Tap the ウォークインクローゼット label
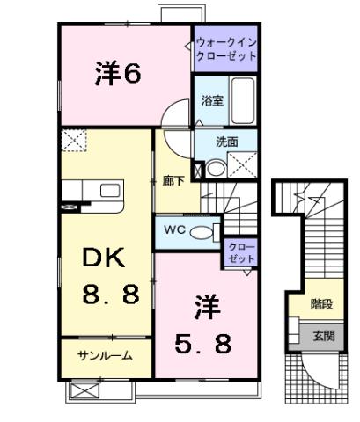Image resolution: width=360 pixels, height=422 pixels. pyautogui.click(x=225, y=48)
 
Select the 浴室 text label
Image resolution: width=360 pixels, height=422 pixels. pyautogui.click(x=212, y=100)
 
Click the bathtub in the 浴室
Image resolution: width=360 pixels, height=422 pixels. pyautogui.click(x=243, y=101)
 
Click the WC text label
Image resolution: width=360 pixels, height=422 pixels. pyautogui.click(x=174, y=231)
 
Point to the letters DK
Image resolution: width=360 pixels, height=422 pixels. pyautogui.click(x=105, y=258)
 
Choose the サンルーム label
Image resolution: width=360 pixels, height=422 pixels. pyautogui.click(x=104, y=355)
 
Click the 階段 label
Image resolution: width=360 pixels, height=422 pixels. pyautogui.click(x=321, y=304)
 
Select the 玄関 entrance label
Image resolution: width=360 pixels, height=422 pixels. pyautogui.click(x=321, y=335)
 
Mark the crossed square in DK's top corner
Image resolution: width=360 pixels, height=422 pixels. pyautogui.click(x=72, y=139)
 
